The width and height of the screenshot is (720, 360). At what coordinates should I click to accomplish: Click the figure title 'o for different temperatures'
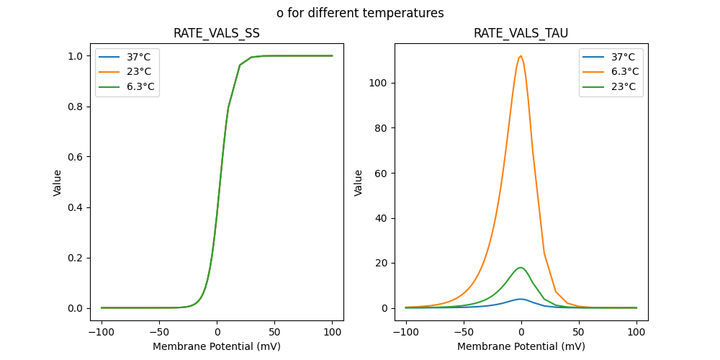coord(360,13)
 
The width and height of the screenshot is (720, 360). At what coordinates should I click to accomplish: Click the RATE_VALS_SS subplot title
coord(217,33)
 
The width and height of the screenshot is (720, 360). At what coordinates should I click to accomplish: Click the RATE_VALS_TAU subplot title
coord(521,33)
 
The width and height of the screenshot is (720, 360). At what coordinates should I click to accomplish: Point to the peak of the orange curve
coord(521,56)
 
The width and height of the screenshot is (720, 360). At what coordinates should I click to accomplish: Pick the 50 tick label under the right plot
coord(579,333)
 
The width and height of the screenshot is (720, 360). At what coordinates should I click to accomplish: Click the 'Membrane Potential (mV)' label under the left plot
coord(217,346)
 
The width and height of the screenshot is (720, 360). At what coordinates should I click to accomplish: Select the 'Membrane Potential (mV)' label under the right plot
coord(521,346)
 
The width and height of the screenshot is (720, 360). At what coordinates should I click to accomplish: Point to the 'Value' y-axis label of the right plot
coord(359,182)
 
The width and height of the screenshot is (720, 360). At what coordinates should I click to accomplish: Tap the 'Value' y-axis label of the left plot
coord(58,182)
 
